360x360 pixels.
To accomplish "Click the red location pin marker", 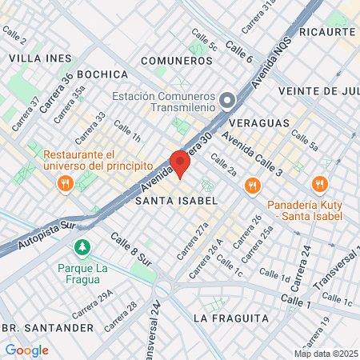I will (x=180, y=163).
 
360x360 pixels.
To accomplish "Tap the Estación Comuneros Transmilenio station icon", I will (x=228, y=101).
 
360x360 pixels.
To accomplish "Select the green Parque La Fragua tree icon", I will (x=81, y=246).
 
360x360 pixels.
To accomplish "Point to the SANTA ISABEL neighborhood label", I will (x=176, y=200).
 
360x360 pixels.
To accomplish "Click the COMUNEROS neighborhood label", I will (x=175, y=60).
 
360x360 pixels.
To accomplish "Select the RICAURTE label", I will (x=326, y=31).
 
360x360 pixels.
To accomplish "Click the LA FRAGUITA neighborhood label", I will (x=230, y=318).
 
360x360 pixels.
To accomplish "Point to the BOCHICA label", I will (x=103, y=73).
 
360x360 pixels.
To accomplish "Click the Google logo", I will (x=26, y=350).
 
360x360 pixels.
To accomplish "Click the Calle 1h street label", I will (x=126, y=132).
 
